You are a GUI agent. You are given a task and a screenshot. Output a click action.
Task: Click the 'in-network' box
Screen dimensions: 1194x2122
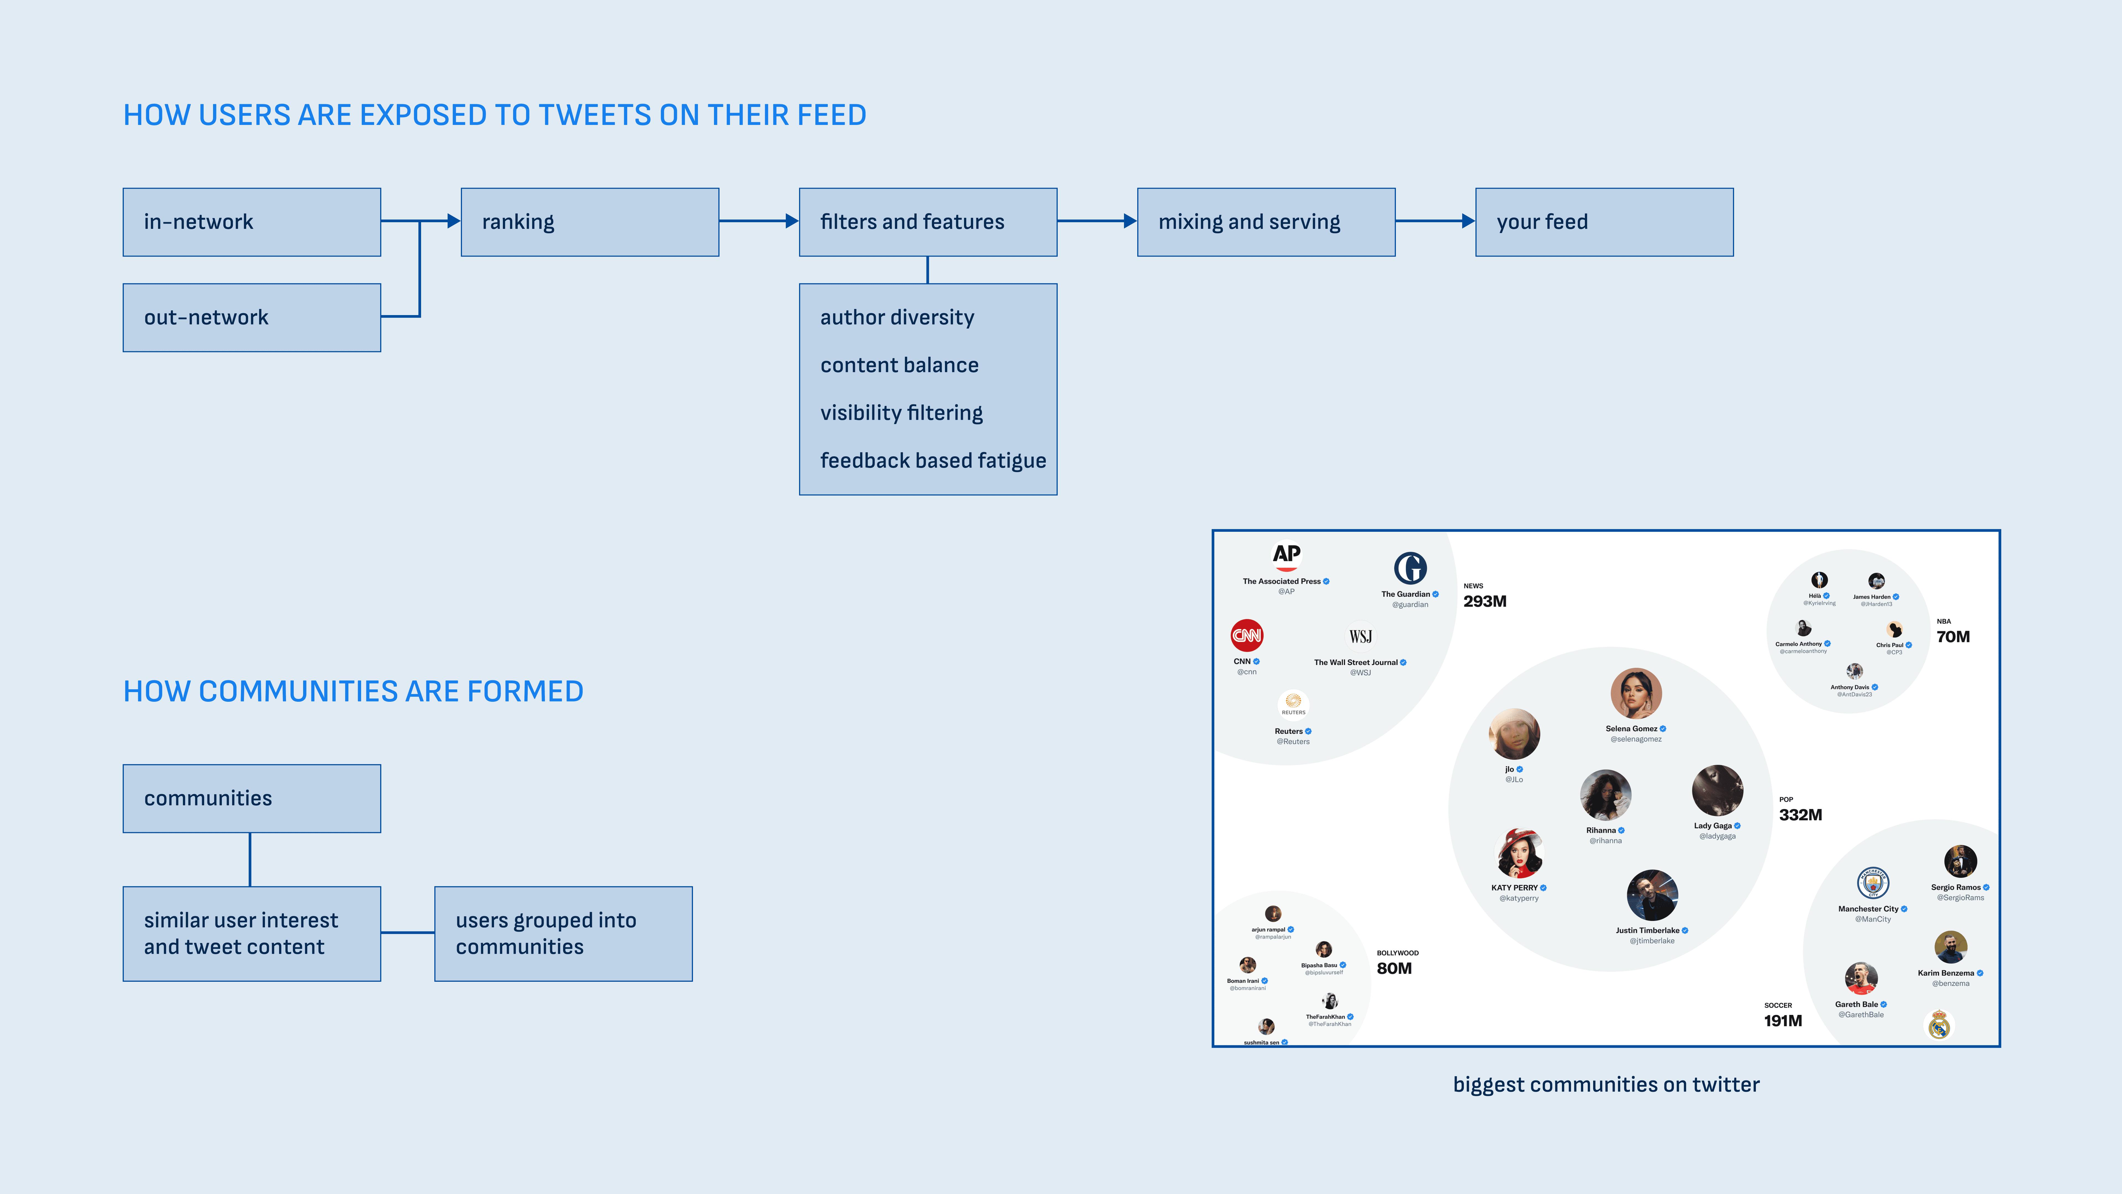pos(251,222)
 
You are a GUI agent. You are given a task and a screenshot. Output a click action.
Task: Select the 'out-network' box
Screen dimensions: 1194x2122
pos(251,317)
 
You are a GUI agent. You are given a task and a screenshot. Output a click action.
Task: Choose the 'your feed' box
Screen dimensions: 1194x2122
pos(1604,222)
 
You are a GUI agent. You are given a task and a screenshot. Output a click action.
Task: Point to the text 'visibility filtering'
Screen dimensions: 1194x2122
pos(901,413)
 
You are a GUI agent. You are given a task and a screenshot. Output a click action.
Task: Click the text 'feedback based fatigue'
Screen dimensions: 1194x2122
pos(933,461)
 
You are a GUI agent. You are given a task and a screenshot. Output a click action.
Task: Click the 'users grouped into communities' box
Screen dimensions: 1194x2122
pos(563,934)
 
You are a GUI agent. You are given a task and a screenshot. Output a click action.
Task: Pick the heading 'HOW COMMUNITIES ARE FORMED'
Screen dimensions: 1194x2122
pos(353,691)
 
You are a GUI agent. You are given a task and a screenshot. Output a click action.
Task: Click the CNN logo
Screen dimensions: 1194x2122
pos(1246,635)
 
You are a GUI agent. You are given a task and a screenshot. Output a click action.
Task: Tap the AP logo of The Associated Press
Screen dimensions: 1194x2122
pos(1286,555)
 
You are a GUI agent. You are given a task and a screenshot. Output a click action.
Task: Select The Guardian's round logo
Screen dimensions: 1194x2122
pos(1409,569)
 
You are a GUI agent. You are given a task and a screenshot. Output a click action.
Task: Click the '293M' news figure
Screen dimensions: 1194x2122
pos(1484,601)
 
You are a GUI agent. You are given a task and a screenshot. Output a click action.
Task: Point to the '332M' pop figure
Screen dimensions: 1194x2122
pos(1800,815)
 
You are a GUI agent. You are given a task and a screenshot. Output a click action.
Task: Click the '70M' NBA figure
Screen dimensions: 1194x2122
pos(1952,637)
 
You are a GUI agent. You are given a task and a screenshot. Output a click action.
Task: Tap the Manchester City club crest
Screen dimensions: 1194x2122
pos(1872,883)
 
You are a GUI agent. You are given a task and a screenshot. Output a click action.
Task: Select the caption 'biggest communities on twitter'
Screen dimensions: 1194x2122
pos(1606,1084)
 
